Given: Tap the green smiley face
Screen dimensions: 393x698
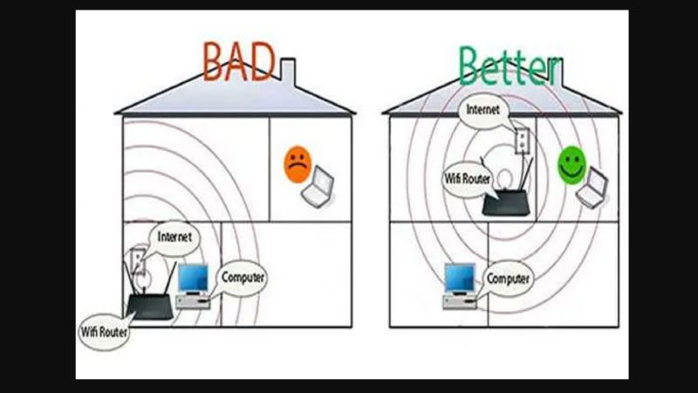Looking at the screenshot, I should [571, 163].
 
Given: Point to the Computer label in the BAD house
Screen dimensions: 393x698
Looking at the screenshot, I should [242, 277].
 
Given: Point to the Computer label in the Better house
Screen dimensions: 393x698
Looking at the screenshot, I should [508, 279].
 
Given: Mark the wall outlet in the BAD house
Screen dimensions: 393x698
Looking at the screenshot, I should [137, 261].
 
